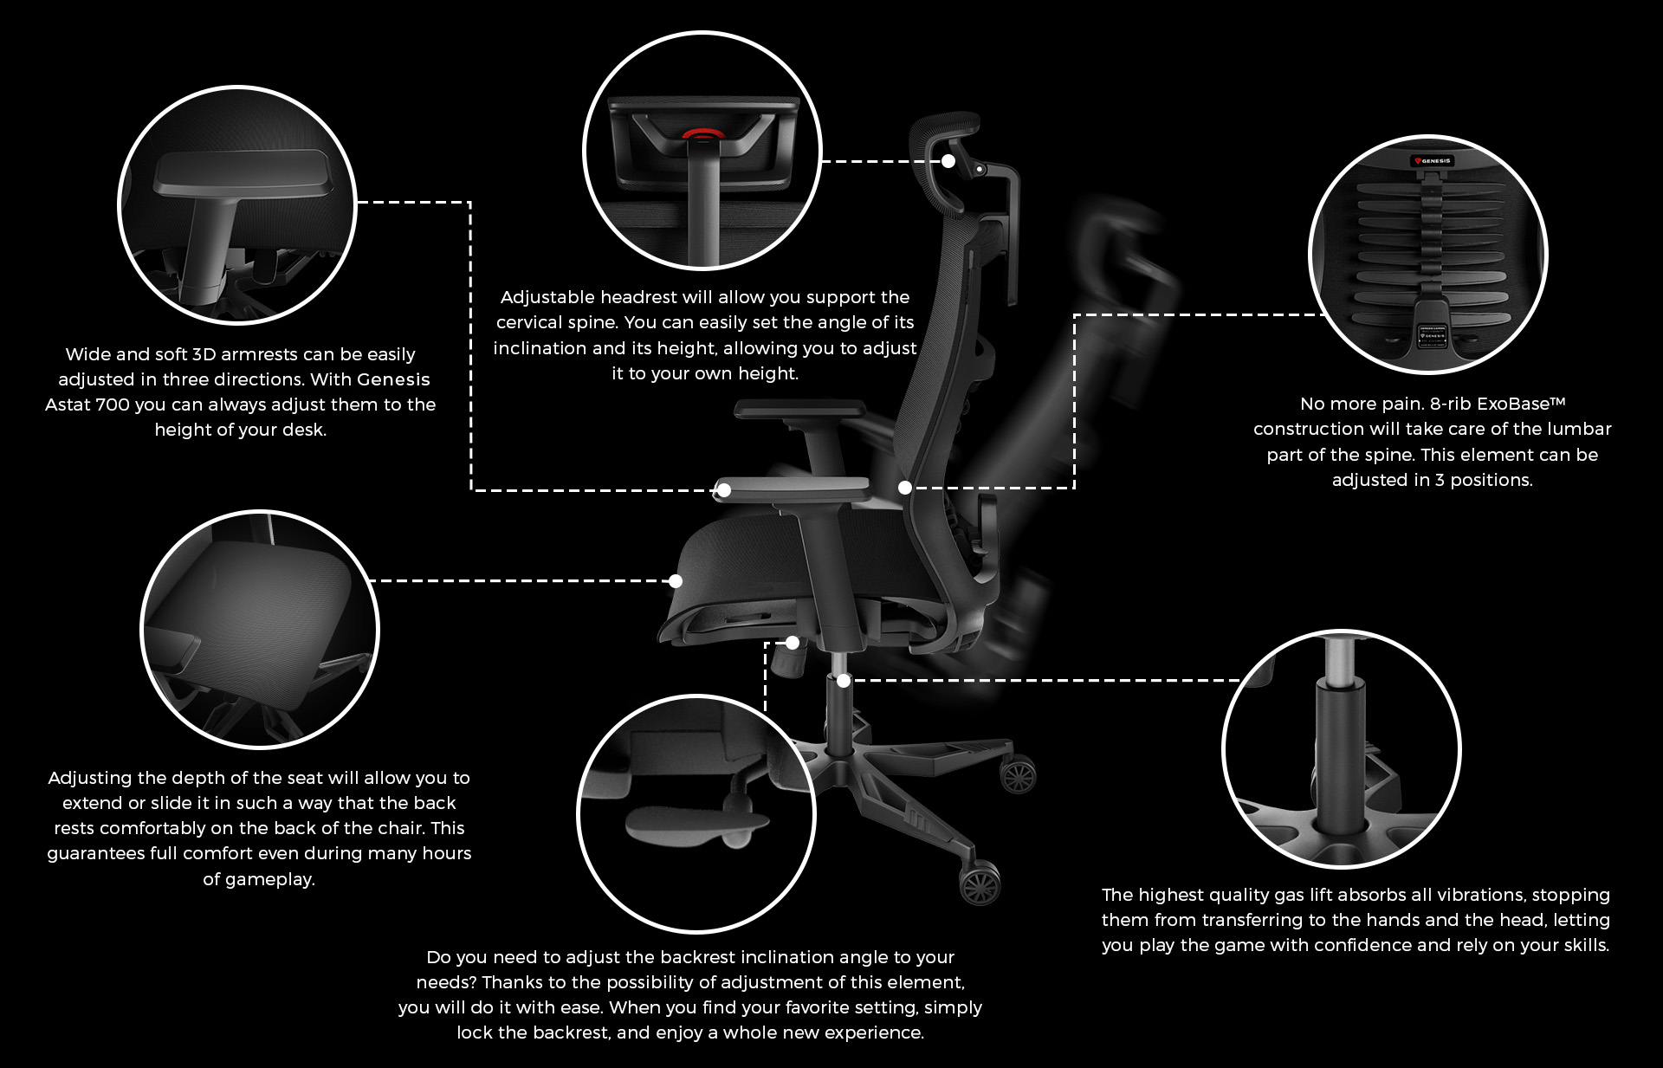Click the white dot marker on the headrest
(948, 161)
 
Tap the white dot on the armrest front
(724, 490)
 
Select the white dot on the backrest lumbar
(905, 488)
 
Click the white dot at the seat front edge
(676, 581)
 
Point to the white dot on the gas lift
(844, 681)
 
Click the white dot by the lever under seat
(793, 643)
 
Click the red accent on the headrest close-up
(702, 134)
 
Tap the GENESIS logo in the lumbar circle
(1433, 161)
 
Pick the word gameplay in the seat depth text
(270, 880)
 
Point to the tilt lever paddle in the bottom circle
(696, 825)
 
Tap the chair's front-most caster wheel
(980, 884)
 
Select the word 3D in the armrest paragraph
(204, 354)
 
